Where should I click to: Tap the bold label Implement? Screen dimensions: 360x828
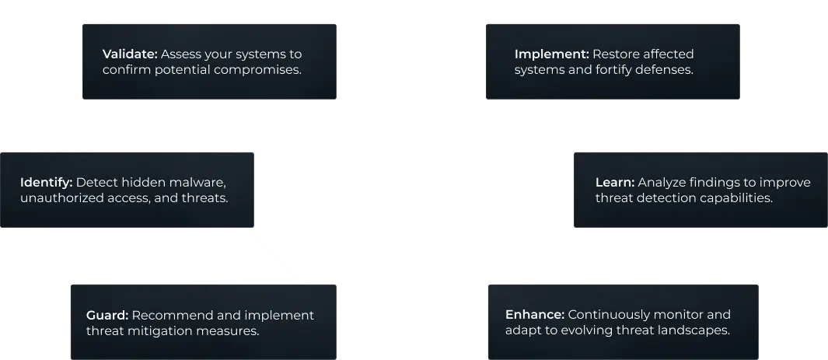pyautogui.click(x=551, y=54)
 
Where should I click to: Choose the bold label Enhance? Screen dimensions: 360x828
pyautogui.click(x=535, y=315)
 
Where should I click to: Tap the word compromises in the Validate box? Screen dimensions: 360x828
pyautogui.click(x=260, y=69)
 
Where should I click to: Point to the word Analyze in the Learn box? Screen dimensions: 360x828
pyautogui.click(x=662, y=183)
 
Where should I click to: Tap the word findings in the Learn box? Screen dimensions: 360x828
pyautogui.click(x=718, y=183)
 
